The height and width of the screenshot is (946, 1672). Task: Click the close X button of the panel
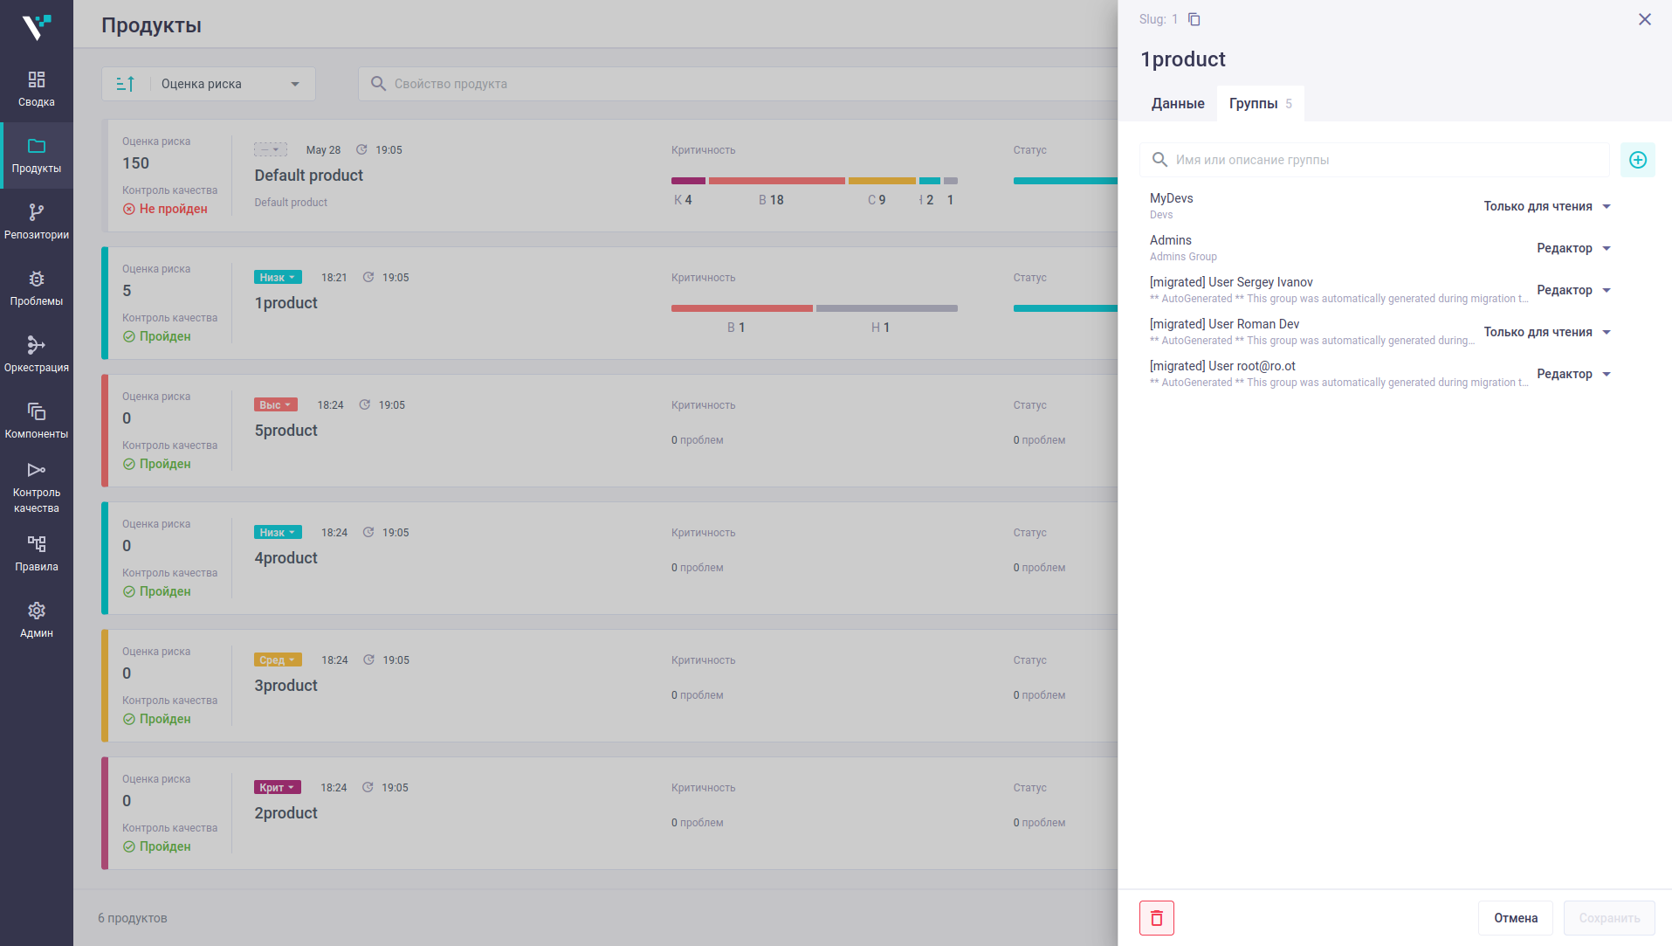click(1645, 19)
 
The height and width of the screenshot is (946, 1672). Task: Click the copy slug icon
click(1194, 19)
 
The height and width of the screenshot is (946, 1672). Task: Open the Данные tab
click(1178, 103)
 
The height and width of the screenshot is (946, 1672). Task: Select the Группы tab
click(1260, 103)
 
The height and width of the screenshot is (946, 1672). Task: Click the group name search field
click(1374, 160)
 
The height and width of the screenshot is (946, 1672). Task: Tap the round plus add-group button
click(1638, 160)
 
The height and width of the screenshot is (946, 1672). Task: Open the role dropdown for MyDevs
click(1547, 206)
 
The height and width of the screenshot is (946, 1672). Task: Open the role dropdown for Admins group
click(1573, 248)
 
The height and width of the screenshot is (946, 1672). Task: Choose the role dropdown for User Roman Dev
click(1547, 332)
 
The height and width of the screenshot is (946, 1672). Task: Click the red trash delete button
click(1157, 918)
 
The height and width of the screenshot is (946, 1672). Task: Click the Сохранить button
click(1609, 918)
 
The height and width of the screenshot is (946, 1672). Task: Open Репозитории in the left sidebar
click(37, 222)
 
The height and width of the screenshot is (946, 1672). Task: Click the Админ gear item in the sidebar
click(37, 620)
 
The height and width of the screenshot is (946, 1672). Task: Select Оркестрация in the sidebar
click(37, 355)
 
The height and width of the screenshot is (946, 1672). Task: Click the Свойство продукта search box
click(737, 84)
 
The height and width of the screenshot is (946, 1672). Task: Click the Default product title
click(309, 176)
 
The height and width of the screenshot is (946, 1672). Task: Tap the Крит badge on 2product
click(278, 787)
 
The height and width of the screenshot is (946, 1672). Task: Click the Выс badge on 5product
click(276, 404)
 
